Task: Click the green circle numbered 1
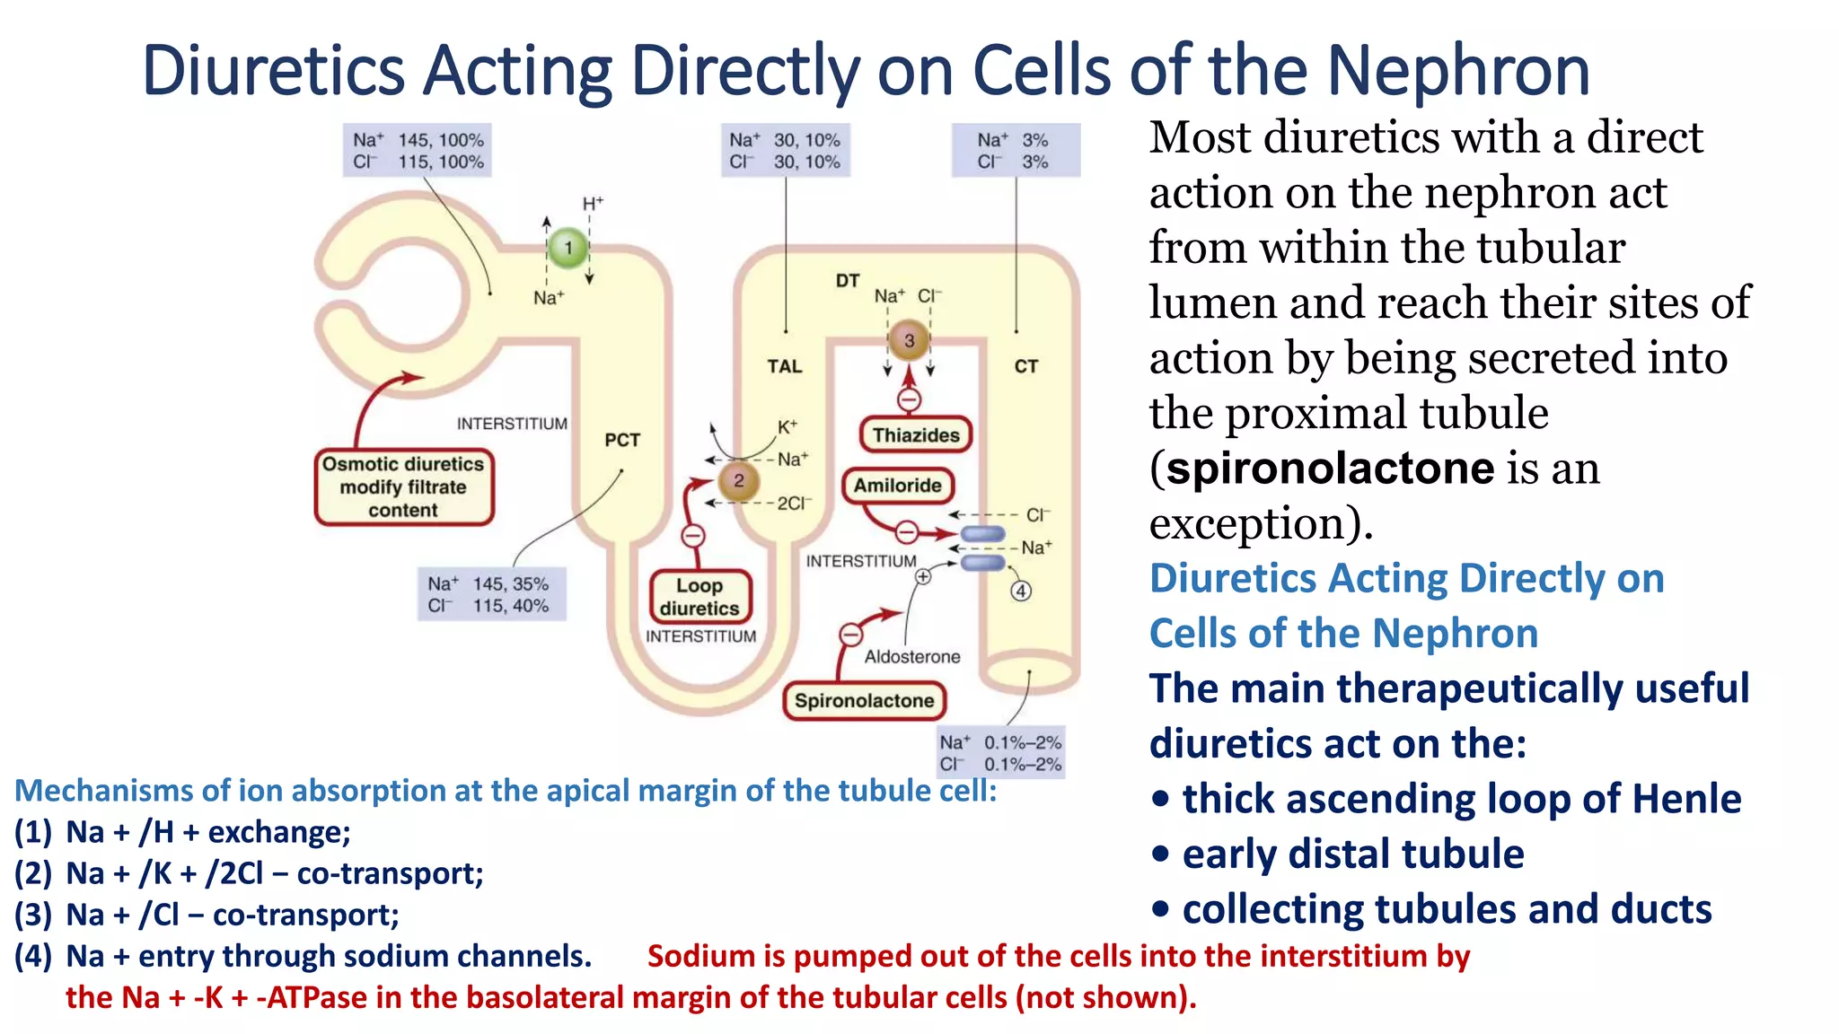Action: (x=568, y=248)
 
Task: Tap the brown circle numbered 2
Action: (x=738, y=481)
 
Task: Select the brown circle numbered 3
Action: (x=909, y=340)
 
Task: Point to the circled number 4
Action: (x=1020, y=591)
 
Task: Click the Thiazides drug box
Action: (x=916, y=435)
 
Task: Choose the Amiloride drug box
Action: (x=897, y=486)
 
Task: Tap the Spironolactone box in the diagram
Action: (x=864, y=701)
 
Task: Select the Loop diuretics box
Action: (x=700, y=597)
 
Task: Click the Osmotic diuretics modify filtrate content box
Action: (x=403, y=487)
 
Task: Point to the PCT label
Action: (x=621, y=440)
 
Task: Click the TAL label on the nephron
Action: (x=784, y=366)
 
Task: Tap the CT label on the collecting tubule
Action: (x=1025, y=366)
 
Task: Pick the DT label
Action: (x=847, y=281)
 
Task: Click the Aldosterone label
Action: (x=911, y=657)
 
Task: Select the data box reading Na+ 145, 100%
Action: (x=418, y=151)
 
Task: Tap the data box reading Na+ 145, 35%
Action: (x=491, y=594)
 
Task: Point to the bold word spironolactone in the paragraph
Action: (x=1330, y=469)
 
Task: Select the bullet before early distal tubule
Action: (x=1161, y=854)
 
